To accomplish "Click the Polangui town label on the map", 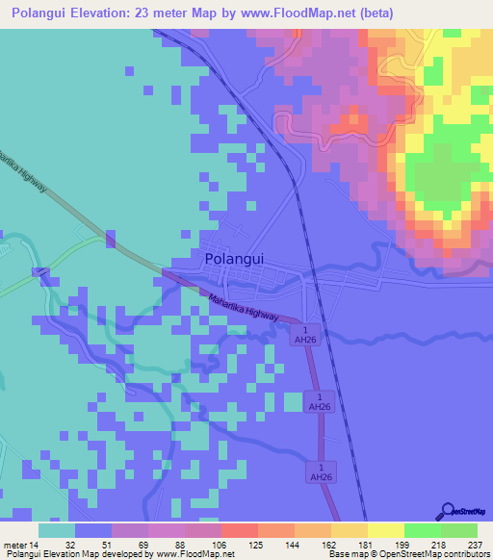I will [235, 260].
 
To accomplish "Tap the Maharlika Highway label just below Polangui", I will [244, 309].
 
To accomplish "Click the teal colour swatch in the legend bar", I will [57, 531].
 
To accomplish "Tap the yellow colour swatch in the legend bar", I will [386, 531].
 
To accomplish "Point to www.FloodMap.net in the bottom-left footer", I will [195, 555].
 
